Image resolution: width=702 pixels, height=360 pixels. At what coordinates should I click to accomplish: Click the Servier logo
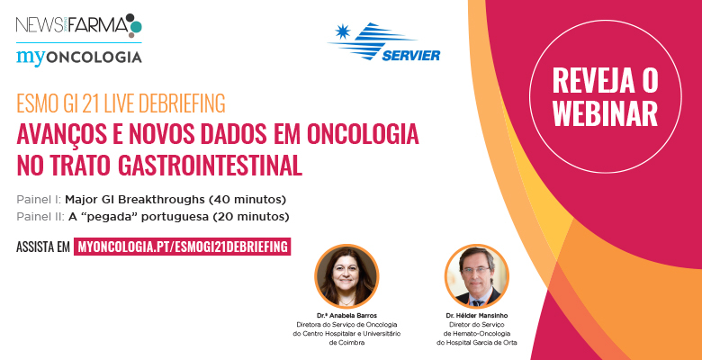(384, 41)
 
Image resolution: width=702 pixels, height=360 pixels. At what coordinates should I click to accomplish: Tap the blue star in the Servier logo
(343, 31)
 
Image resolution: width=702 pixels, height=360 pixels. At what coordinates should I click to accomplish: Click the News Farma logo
(79, 25)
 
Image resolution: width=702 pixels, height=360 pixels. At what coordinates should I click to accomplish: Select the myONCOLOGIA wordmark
(79, 58)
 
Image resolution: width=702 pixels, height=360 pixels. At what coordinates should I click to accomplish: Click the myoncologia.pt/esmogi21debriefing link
(182, 247)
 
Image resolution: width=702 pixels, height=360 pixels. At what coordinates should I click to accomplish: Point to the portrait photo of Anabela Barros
(346, 276)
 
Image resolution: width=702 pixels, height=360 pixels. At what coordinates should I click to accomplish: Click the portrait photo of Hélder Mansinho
(477, 276)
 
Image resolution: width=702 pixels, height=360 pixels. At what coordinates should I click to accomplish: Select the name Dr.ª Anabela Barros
(346, 316)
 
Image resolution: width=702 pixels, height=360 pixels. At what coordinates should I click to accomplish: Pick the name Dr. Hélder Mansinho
(477, 316)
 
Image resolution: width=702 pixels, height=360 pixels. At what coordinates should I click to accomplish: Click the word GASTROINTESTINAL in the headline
(210, 166)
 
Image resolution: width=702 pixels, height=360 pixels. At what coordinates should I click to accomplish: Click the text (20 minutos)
(251, 217)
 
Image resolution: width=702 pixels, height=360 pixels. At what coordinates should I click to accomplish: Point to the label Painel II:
(40, 217)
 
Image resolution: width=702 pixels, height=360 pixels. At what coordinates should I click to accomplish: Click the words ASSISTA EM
(43, 247)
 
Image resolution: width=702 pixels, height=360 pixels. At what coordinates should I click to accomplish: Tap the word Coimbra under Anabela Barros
(346, 343)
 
